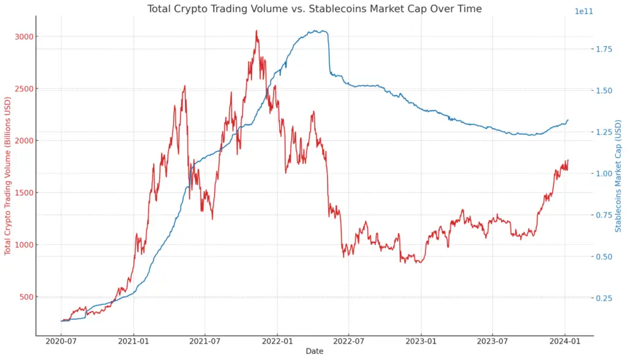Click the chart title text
314,9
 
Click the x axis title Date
314,351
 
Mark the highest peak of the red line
257,31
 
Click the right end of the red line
568,160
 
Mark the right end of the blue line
568,120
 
